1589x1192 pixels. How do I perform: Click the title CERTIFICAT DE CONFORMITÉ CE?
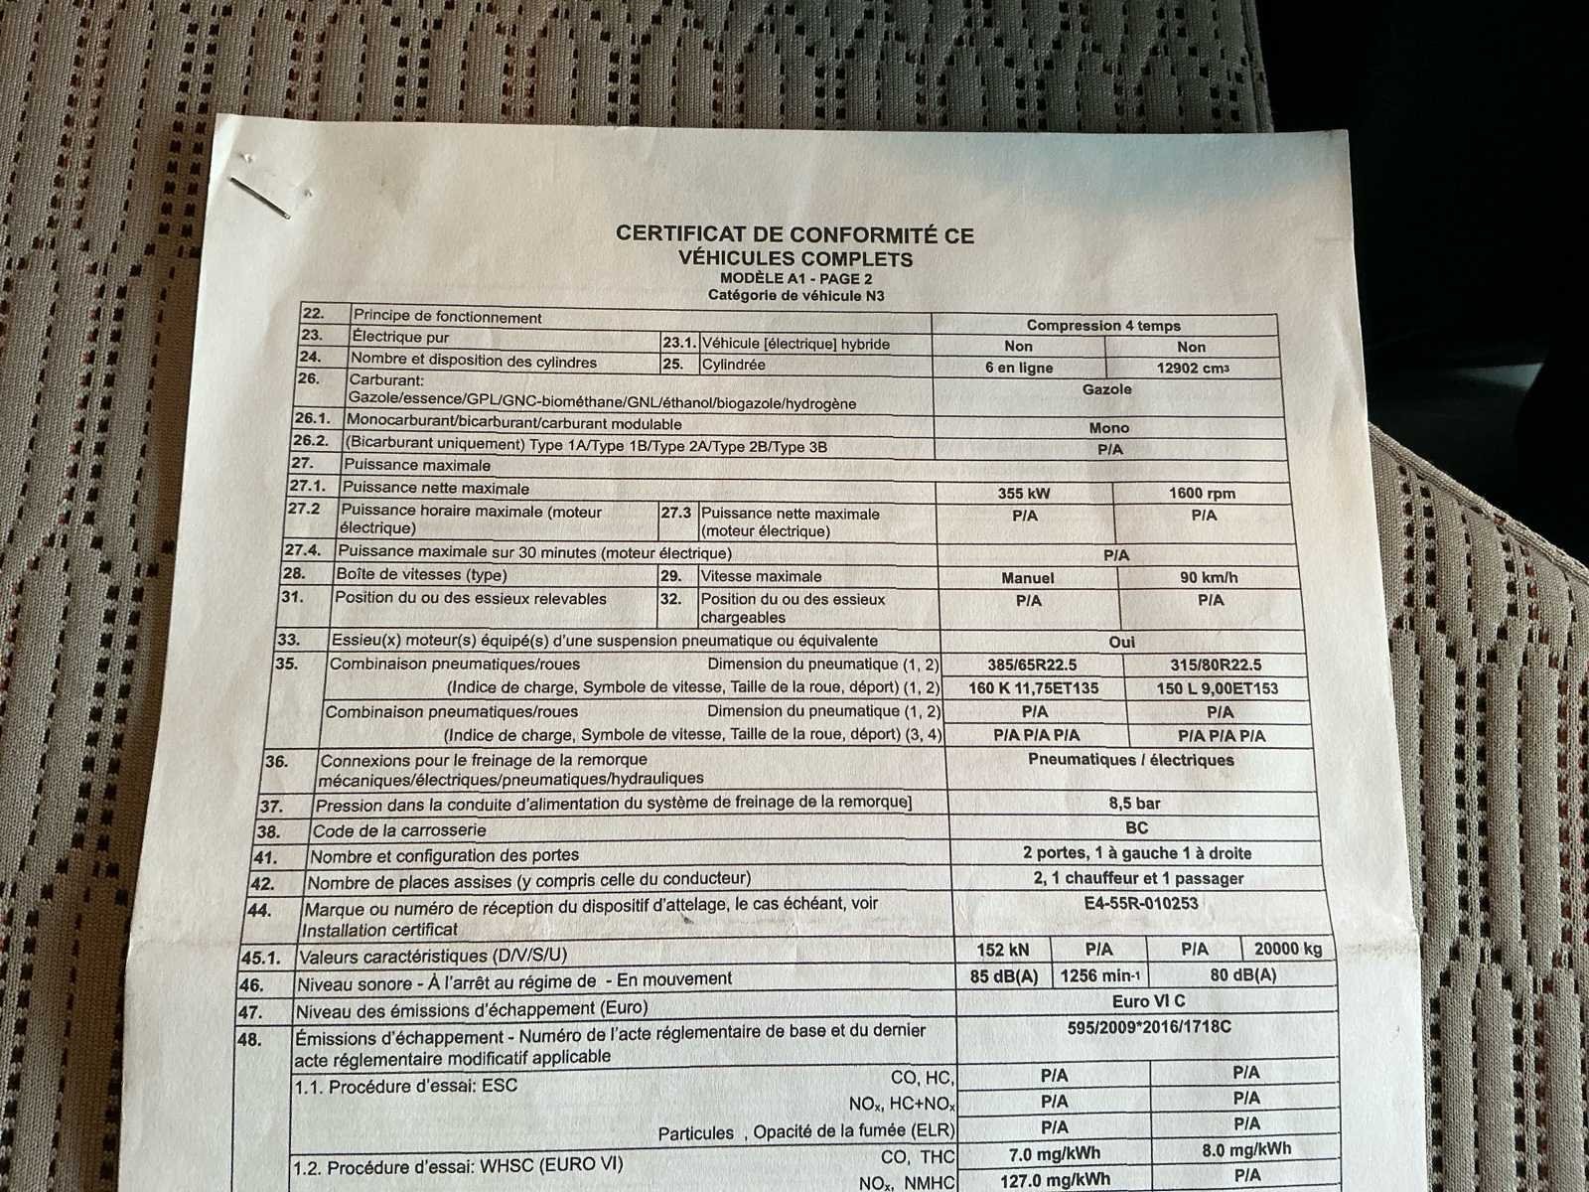pyautogui.click(x=794, y=234)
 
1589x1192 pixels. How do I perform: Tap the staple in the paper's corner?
pyautogui.click(x=260, y=197)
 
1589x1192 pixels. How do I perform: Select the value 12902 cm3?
pyautogui.click(x=1193, y=369)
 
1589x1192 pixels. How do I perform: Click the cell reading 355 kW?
pyautogui.click(x=1024, y=494)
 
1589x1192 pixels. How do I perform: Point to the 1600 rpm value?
pyautogui.click(x=1202, y=494)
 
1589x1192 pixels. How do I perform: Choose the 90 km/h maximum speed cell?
pyautogui.click(x=1208, y=577)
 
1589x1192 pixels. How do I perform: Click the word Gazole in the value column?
pyautogui.click(x=1106, y=389)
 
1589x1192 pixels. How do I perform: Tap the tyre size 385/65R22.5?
pyautogui.click(x=1032, y=665)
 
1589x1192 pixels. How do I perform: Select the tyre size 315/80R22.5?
pyautogui.click(x=1216, y=665)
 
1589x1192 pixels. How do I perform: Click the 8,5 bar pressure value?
pyautogui.click(x=1134, y=803)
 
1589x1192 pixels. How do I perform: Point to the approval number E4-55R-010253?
pyautogui.click(x=1141, y=903)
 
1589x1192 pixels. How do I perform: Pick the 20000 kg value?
pyautogui.click(x=1288, y=949)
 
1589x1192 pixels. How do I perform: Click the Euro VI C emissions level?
pyautogui.click(x=1148, y=1001)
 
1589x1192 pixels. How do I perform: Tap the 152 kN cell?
pyautogui.click(x=1002, y=950)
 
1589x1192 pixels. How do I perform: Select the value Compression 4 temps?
pyautogui.click(x=1103, y=326)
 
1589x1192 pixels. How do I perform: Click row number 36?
pyautogui.click(x=276, y=762)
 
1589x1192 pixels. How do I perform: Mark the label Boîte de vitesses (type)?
pyautogui.click(x=421, y=574)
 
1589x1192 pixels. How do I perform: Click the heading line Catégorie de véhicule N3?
pyautogui.click(x=795, y=295)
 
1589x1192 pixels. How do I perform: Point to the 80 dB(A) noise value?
pyautogui.click(x=1242, y=975)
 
